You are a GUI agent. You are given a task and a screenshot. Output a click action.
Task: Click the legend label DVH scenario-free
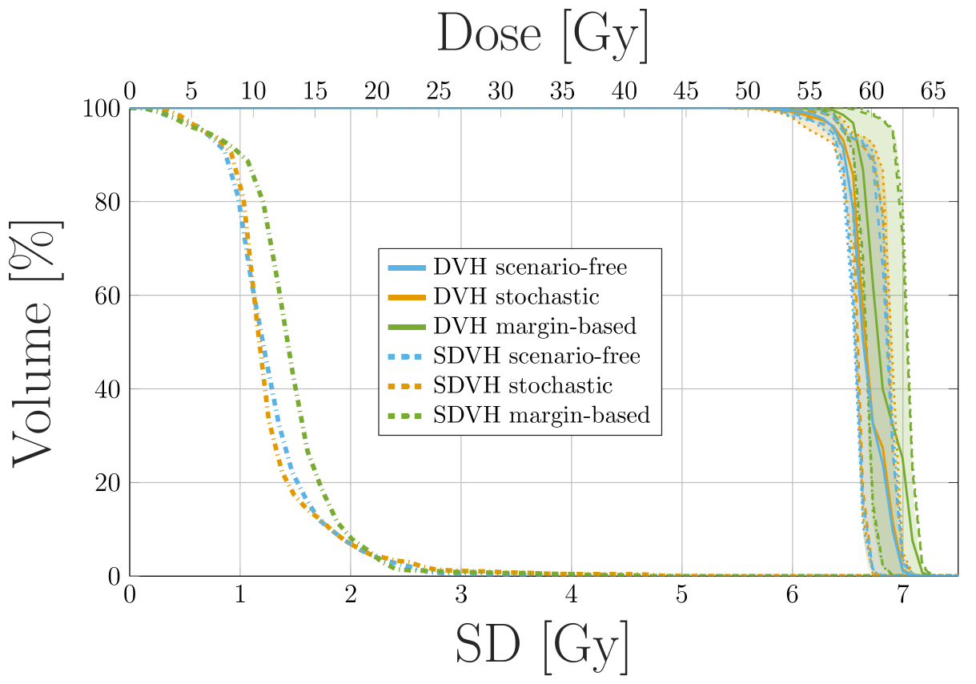[x=529, y=267]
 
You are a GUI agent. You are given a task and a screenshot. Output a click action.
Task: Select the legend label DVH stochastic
[x=516, y=296]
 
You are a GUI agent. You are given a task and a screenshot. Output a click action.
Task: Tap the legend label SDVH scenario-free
[x=536, y=356]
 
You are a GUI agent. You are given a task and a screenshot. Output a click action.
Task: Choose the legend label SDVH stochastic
[x=523, y=385]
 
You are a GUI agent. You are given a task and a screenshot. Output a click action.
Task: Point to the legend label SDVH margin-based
[x=541, y=415]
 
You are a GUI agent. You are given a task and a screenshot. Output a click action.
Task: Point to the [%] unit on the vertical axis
[x=34, y=243]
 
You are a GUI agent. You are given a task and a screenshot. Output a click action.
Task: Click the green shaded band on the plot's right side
[x=897, y=240]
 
